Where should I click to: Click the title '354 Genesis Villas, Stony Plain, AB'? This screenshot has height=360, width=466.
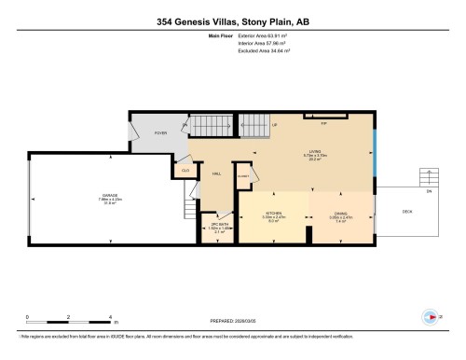(x=232, y=21)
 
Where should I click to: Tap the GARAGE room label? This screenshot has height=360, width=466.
(x=111, y=197)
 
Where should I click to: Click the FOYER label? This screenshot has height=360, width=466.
(x=159, y=132)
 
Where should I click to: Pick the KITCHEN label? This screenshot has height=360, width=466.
(x=274, y=214)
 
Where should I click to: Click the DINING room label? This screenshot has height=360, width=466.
(x=341, y=214)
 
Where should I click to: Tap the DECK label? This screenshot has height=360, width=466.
(x=406, y=211)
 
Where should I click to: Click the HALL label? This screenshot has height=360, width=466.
(x=215, y=173)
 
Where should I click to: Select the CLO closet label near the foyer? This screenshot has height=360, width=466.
(x=185, y=170)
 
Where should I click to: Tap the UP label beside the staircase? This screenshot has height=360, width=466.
(x=274, y=125)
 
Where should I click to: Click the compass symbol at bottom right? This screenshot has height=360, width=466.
(x=431, y=316)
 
